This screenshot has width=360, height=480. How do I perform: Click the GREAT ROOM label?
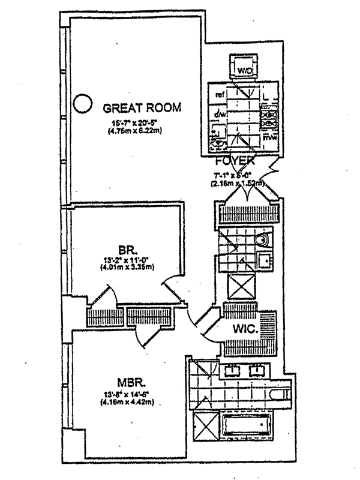pyautogui.click(x=142, y=108)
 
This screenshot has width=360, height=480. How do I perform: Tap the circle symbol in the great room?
pyautogui.click(x=82, y=104)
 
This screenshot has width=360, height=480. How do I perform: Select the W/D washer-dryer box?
pyautogui.click(x=245, y=69)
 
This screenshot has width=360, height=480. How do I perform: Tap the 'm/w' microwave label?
pyautogui.click(x=271, y=138)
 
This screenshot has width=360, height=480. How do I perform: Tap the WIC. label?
pyautogui.click(x=245, y=328)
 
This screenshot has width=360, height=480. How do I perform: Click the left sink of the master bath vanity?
pyautogui.click(x=232, y=370)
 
